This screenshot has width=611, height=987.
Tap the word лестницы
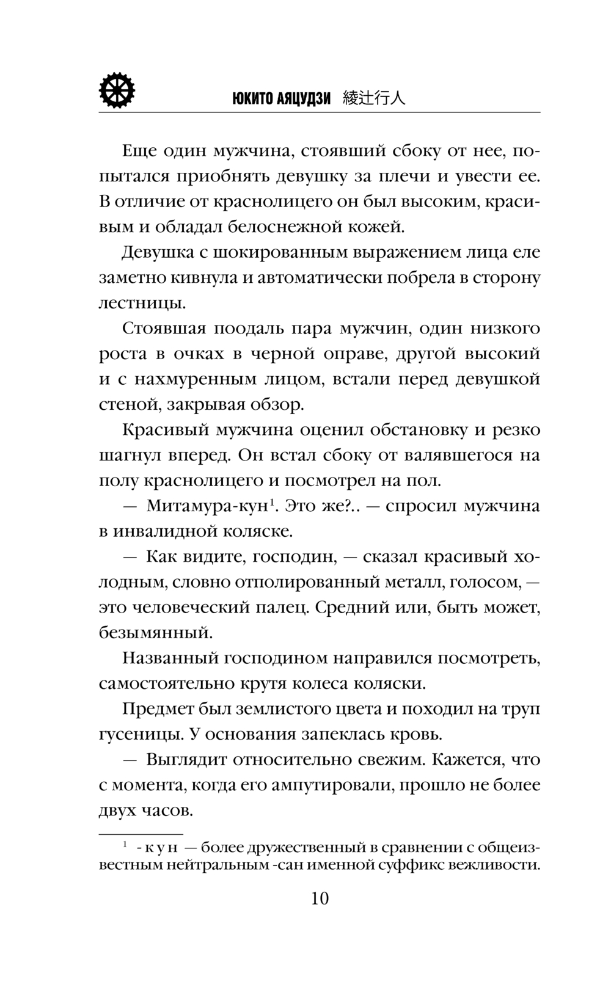(x=142, y=302)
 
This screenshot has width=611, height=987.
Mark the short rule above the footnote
(x=141, y=834)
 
